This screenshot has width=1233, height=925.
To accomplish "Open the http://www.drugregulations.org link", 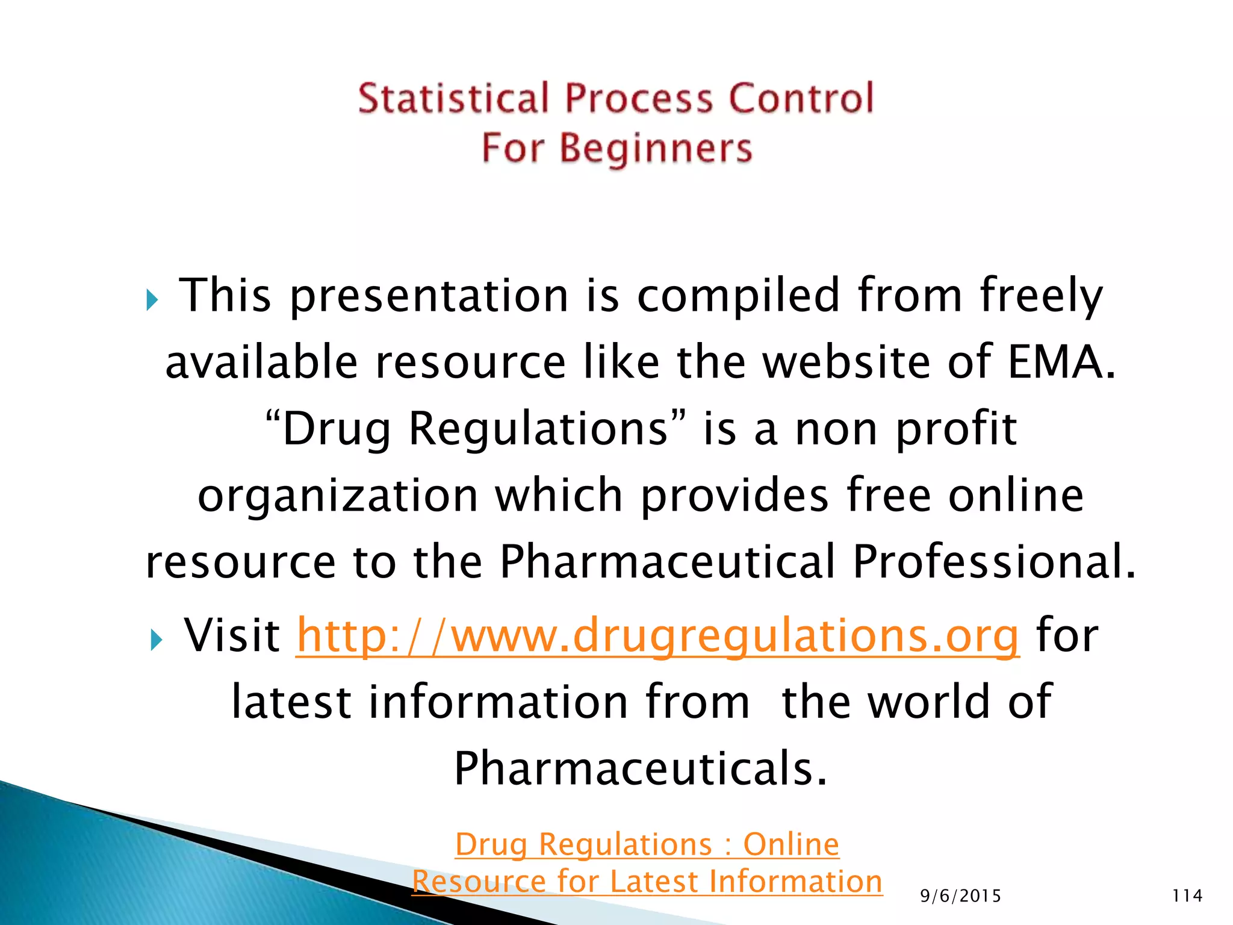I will coord(657,636).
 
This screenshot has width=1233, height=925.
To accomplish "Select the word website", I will coord(847,363).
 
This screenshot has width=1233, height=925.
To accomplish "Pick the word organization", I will coord(338,496).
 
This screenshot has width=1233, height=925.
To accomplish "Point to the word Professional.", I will coord(993,562).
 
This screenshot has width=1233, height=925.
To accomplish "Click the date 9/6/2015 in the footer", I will coord(960,896).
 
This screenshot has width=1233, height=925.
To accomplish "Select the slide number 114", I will coord(1187,896).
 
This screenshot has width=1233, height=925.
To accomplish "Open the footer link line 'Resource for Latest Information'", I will coord(647,882).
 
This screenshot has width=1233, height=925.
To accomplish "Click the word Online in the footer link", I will coord(790,844).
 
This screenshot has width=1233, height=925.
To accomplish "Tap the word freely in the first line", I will coord(1041,296).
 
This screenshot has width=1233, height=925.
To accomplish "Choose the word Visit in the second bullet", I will coord(232,636).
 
